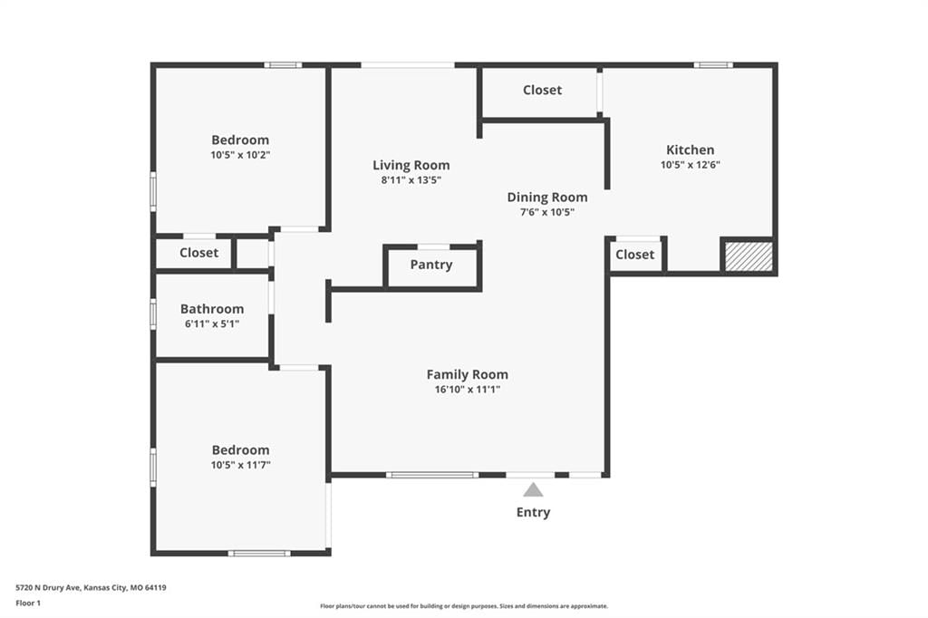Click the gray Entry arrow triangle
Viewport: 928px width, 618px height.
[x=533, y=490]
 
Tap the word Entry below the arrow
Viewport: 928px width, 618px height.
[x=533, y=513]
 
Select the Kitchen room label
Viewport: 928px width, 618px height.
[x=690, y=150]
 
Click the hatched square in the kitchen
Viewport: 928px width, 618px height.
[x=749, y=256]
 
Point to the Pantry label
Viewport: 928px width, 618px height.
[x=431, y=265]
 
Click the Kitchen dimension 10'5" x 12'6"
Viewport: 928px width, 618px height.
[x=690, y=165]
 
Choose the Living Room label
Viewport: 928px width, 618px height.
[x=411, y=165]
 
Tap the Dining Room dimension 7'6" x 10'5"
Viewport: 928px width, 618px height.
[x=547, y=212]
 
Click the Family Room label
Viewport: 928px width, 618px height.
[x=468, y=374]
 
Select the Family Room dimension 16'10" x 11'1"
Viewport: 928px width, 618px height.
[x=468, y=390]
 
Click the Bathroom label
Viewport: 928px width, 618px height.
[x=212, y=309]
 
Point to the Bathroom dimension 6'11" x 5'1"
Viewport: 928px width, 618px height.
[x=212, y=323]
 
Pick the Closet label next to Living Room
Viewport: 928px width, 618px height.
[x=542, y=90]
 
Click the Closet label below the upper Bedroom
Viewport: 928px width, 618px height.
[x=198, y=253]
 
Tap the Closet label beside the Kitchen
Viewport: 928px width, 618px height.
[x=635, y=255]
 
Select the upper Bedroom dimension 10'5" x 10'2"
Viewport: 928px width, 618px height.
[x=240, y=155]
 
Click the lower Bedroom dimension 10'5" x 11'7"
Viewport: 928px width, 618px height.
[x=240, y=465]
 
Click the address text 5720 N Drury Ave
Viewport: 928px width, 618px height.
[x=47, y=588]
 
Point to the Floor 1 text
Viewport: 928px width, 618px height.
[x=28, y=604]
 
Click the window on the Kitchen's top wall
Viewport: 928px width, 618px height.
[x=713, y=65]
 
